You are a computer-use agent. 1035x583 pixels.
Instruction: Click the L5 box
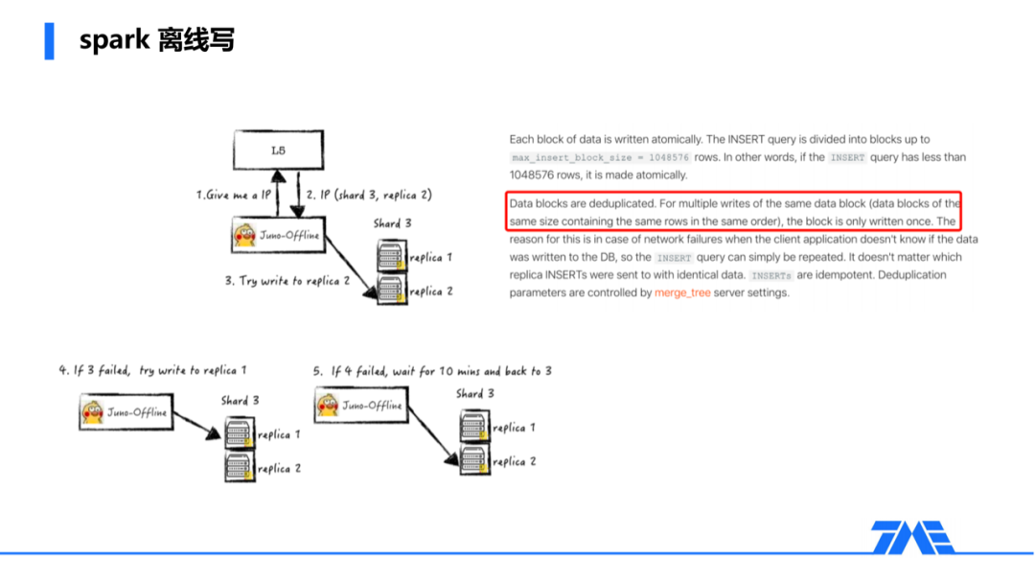278,150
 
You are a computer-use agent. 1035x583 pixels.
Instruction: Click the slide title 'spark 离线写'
157,40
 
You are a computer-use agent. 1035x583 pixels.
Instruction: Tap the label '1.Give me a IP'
234,195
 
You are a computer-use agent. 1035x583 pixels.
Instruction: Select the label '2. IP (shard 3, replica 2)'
369,195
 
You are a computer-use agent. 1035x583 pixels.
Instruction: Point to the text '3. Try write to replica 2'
287,281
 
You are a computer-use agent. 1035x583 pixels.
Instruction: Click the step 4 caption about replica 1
152,370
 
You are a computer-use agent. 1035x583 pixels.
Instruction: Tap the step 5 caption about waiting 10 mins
431,370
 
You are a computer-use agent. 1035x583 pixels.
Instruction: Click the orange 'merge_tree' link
682,292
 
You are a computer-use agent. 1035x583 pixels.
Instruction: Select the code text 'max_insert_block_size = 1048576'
599,157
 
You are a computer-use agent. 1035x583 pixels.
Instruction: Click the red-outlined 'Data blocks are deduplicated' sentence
734,212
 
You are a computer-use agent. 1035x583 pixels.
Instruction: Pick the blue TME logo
911,537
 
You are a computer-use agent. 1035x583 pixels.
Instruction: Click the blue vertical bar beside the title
49,40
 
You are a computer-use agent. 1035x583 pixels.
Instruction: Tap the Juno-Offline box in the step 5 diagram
361,405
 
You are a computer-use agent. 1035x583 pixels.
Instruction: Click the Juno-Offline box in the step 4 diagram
126,412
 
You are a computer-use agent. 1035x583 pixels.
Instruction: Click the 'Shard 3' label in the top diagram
393,223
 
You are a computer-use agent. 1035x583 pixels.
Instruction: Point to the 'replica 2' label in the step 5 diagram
514,461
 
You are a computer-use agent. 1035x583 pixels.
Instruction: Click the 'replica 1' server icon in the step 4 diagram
239,433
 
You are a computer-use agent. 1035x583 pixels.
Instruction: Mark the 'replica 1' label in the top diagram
430,257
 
